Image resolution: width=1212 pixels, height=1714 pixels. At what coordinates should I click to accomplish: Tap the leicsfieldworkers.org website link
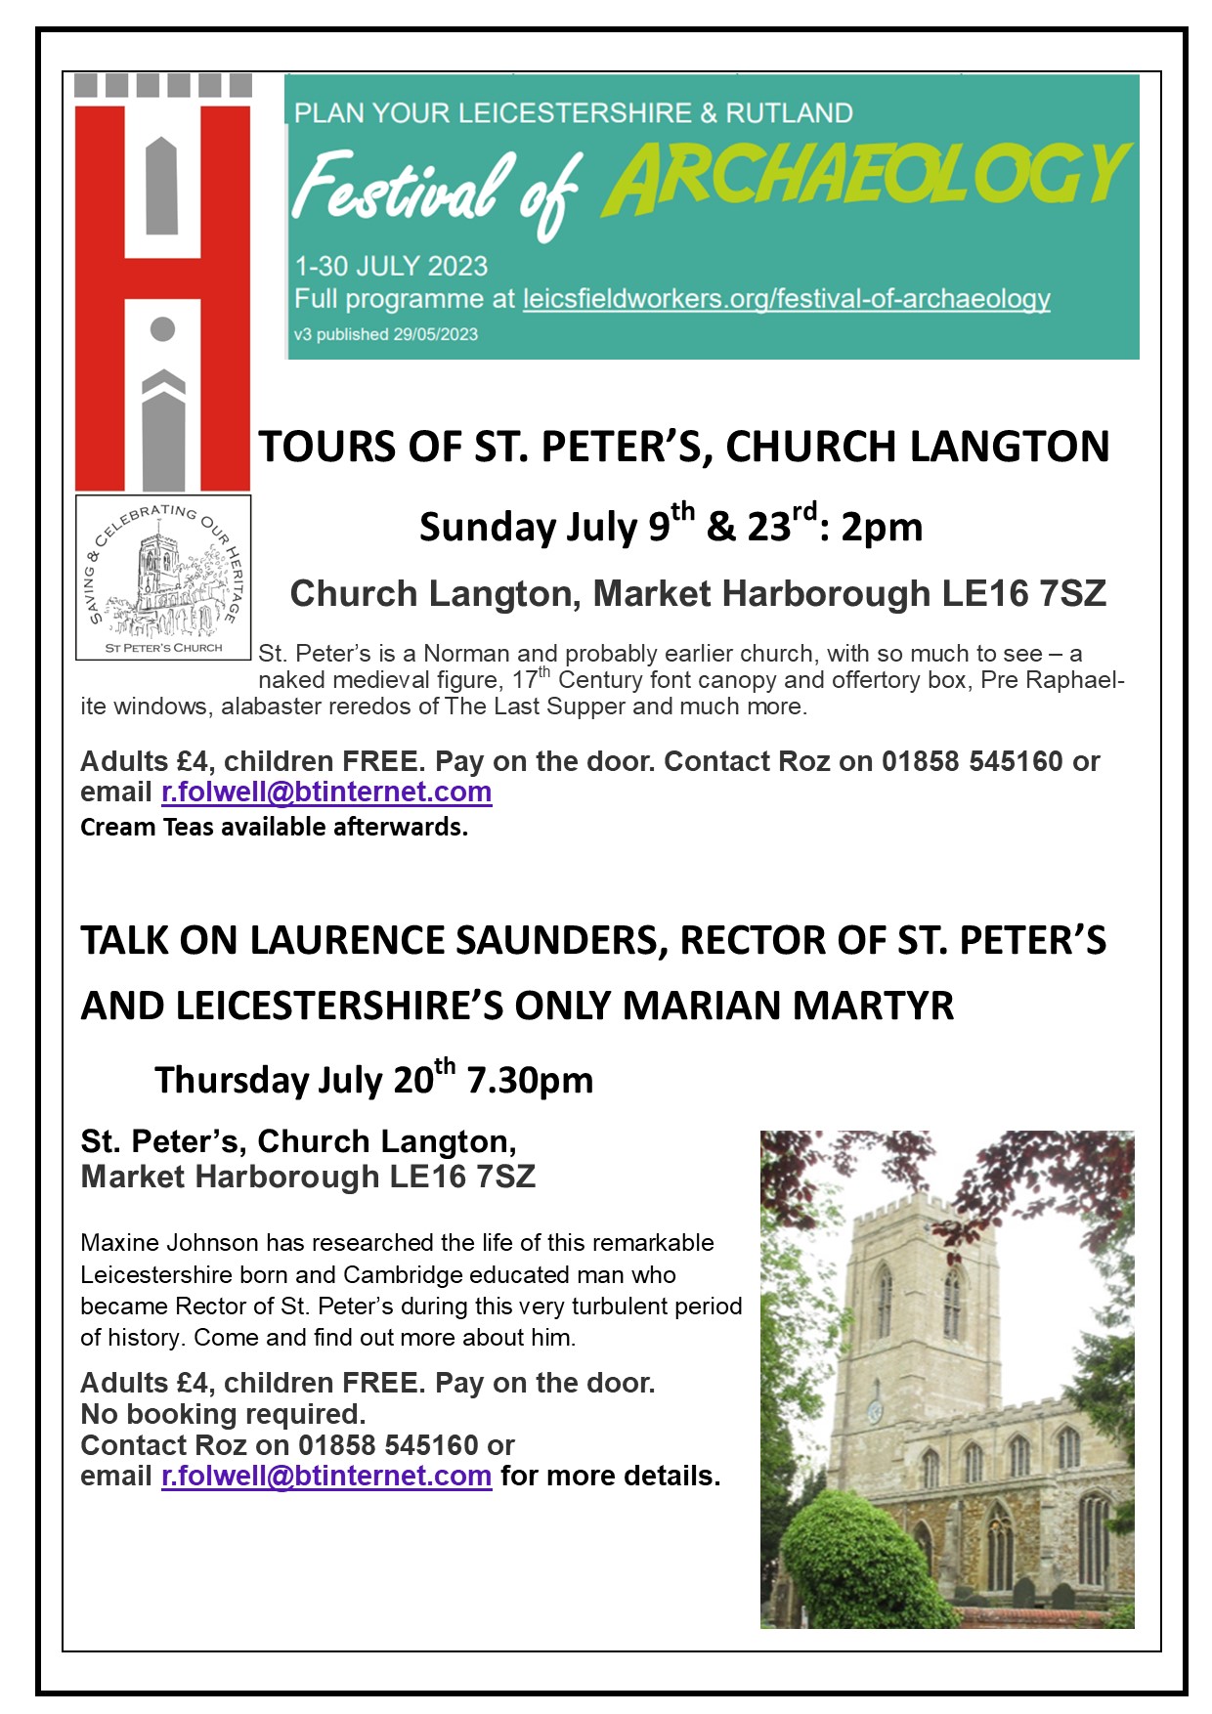(786, 299)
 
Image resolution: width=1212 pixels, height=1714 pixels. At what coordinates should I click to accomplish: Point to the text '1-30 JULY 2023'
(391, 266)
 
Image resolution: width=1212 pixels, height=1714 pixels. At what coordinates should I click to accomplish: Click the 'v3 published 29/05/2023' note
(386, 334)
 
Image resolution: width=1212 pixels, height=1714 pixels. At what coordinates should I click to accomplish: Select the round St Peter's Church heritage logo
(163, 577)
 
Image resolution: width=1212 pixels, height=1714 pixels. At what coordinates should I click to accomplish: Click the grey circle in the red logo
(163, 329)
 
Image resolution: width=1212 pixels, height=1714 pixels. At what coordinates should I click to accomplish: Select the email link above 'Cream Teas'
(326, 792)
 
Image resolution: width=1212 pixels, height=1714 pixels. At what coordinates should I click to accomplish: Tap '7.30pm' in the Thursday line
(530, 1081)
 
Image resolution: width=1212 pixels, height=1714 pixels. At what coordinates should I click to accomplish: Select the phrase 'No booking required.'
(223, 1414)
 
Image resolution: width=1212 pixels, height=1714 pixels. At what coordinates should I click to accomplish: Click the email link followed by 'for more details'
(326, 1476)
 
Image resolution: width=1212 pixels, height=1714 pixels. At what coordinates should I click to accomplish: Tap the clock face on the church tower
(875, 1412)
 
